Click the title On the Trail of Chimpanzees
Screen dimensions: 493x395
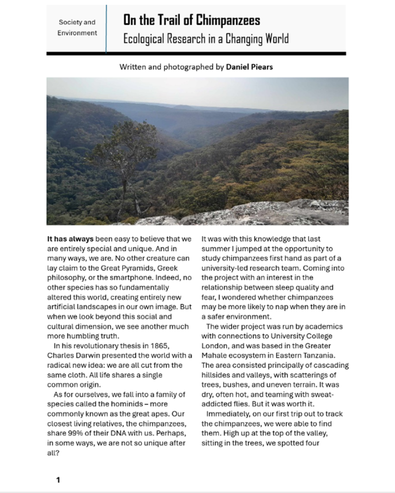[191, 20]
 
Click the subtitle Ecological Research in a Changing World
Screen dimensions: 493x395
[205, 39]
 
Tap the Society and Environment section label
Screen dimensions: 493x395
[77, 27]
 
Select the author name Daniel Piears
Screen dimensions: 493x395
[249, 67]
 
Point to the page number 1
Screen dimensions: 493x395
[58, 480]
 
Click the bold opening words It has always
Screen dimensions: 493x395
[70, 238]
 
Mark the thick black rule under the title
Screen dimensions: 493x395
[196, 53]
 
